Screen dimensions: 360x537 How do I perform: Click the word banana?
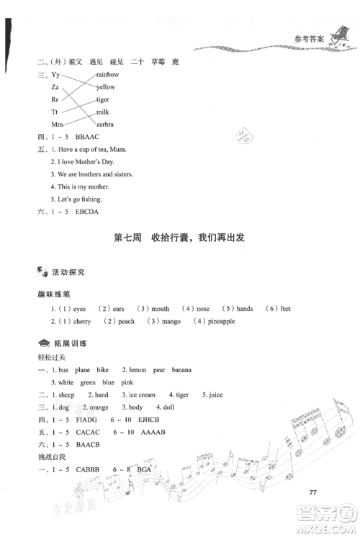pyautogui.click(x=181, y=369)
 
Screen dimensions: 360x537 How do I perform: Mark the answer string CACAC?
pyautogui.click(x=83, y=432)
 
